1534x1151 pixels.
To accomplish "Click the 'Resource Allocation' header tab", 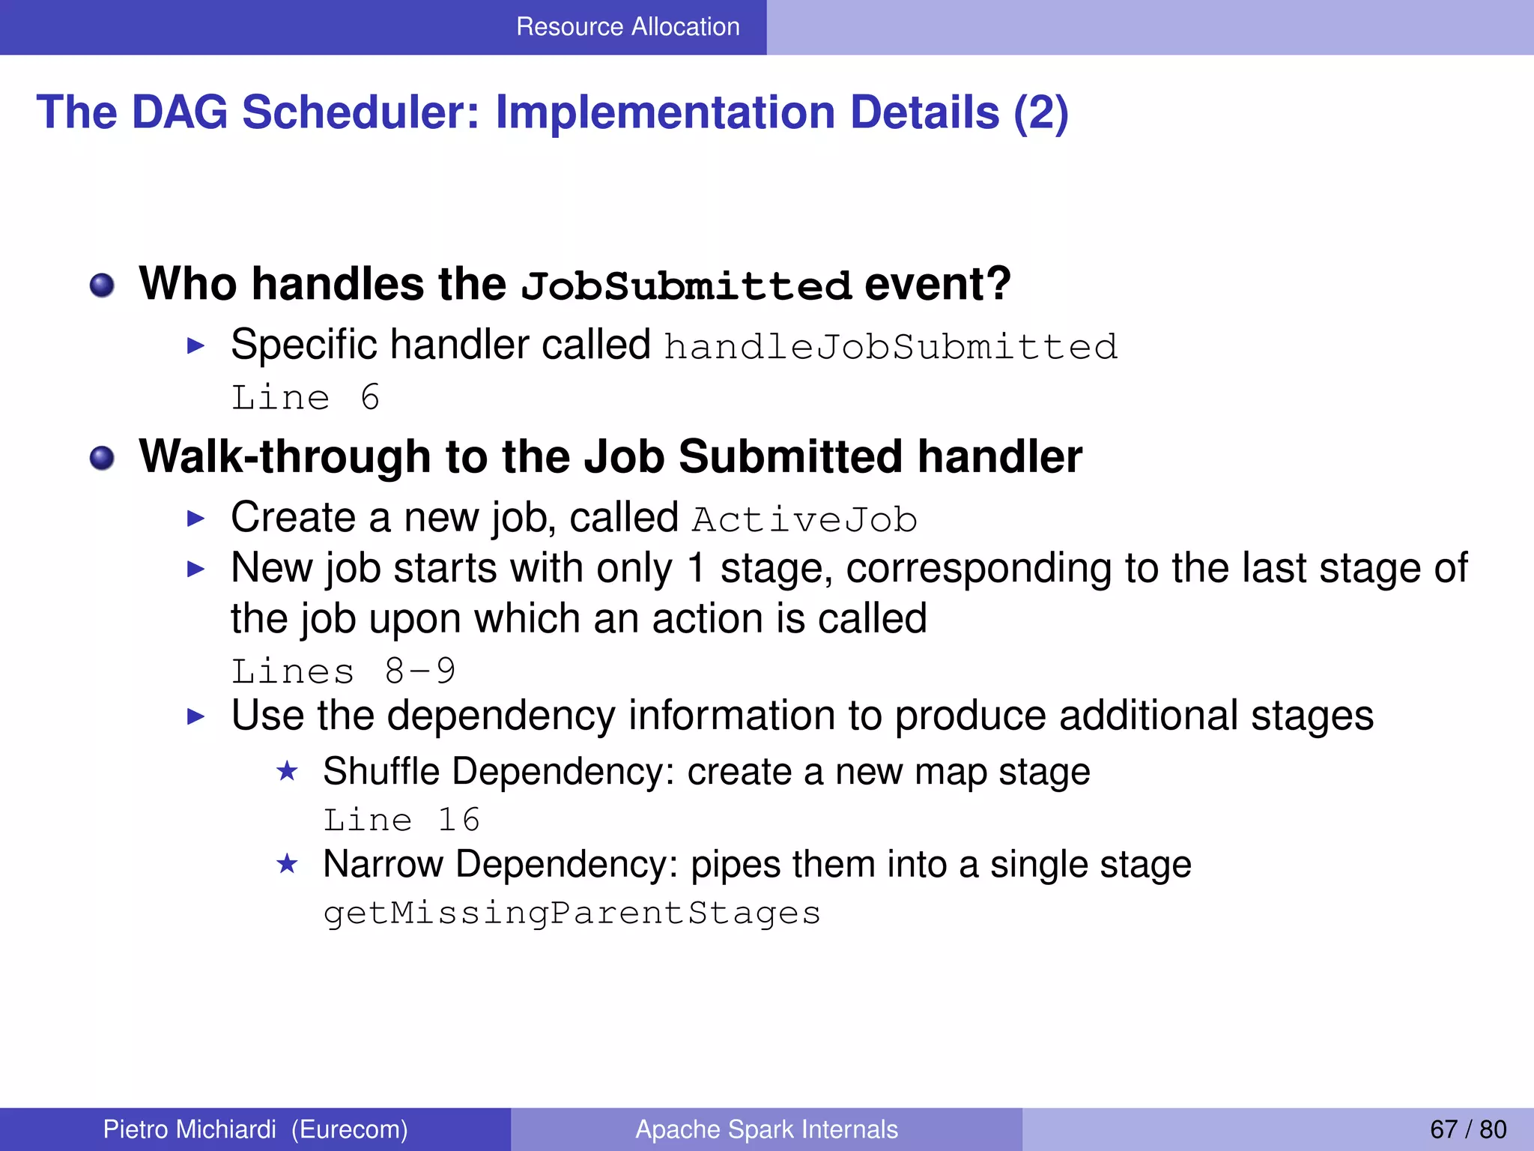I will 628,27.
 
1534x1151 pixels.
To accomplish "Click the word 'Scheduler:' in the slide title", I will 360,112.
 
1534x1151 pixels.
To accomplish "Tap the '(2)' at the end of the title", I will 1040,112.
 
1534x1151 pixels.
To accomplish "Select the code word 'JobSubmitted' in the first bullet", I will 686,286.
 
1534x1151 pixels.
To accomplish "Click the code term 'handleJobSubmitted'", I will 891,348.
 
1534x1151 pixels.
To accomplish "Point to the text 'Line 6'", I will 306,397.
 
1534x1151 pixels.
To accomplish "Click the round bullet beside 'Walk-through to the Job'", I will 102,458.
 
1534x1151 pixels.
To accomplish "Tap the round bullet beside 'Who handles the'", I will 102,286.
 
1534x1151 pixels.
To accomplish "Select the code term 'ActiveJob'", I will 804,520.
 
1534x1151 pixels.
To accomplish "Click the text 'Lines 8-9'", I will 343,671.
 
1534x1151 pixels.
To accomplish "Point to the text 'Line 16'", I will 401,820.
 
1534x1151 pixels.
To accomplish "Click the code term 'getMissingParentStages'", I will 572,913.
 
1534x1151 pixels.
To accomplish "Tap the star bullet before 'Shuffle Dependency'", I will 287,771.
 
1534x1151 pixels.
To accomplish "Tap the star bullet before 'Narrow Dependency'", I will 287,864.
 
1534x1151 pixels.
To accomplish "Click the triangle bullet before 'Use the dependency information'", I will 195,716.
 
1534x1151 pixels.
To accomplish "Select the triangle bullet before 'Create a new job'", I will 195,519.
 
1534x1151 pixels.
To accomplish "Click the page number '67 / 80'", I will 1467,1129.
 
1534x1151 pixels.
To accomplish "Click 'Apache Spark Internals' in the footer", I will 766,1129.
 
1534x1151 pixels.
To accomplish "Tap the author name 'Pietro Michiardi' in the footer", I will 190,1129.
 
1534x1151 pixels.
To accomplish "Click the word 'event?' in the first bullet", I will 937,285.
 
